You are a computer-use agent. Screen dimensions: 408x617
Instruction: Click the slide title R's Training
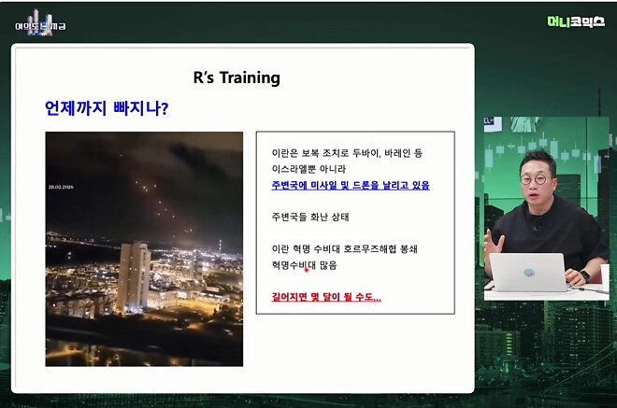click(x=237, y=77)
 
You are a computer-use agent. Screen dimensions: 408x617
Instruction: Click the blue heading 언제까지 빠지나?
click(x=107, y=108)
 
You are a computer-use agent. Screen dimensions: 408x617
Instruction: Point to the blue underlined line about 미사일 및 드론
click(x=351, y=185)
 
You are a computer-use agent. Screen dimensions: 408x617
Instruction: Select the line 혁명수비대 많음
click(x=304, y=265)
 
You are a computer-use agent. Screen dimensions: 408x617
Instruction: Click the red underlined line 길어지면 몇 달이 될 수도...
click(x=326, y=297)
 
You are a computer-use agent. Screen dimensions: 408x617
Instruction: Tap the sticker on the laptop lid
click(x=528, y=273)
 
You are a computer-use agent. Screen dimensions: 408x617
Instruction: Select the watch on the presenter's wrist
click(x=586, y=276)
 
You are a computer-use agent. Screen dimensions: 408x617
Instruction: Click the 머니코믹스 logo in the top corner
click(x=576, y=21)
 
